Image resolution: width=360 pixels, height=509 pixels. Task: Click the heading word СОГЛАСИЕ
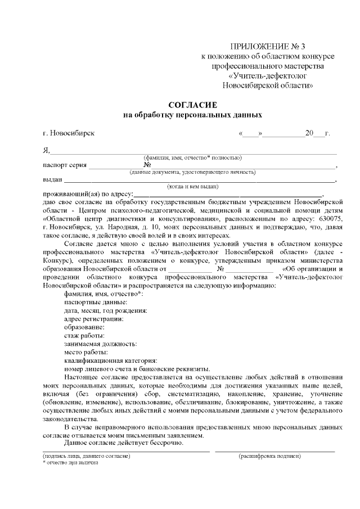193,105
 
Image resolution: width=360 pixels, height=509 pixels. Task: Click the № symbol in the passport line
147,165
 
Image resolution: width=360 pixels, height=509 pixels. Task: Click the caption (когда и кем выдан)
193,186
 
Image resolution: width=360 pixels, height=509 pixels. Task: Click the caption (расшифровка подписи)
269,456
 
